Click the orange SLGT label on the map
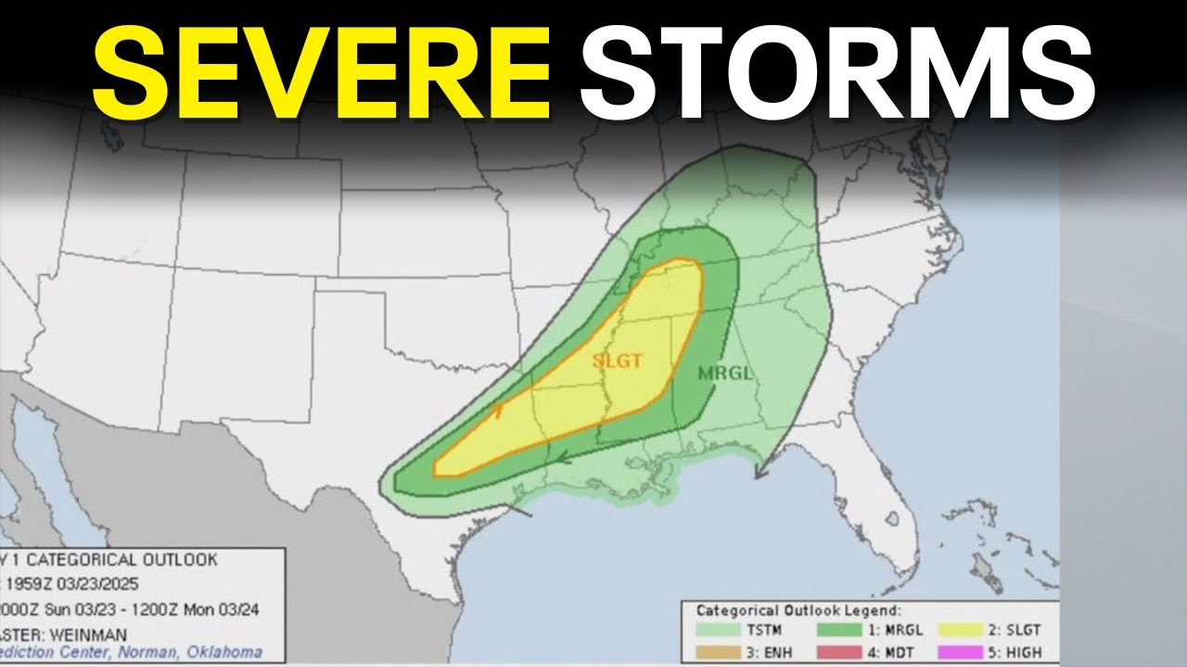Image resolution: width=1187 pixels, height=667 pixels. [x=618, y=361]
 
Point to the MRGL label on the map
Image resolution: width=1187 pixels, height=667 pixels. [x=725, y=374]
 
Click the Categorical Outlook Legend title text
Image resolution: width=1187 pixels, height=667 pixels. [x=797, y=610]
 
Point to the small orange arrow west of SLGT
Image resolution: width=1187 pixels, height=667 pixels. [x=499, y=411]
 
